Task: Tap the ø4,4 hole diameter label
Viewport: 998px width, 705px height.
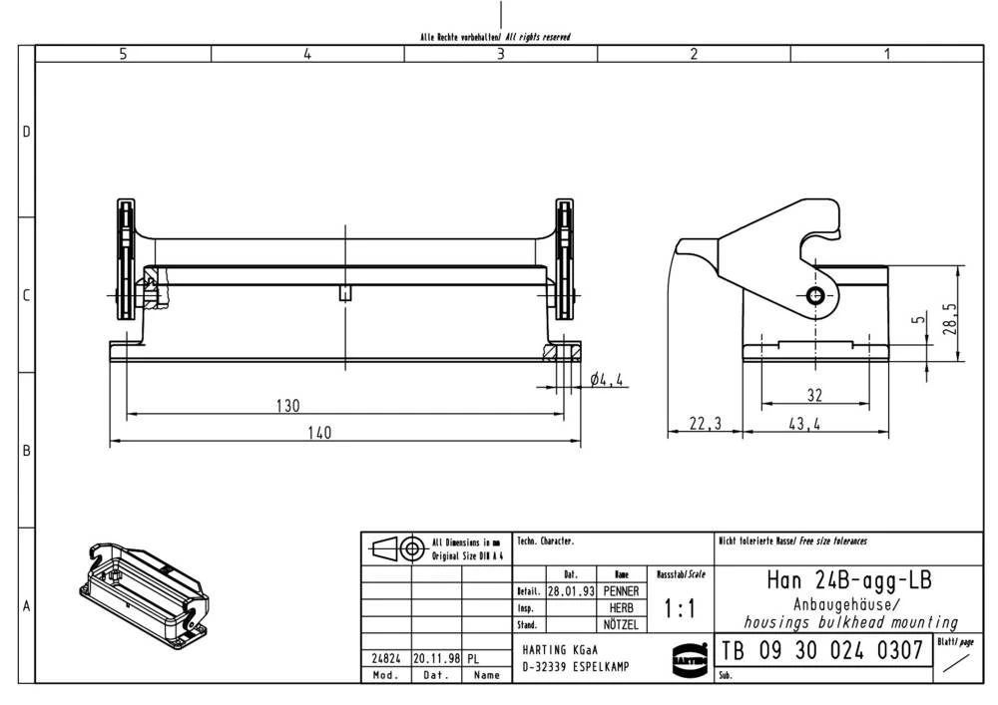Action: click(608, 380)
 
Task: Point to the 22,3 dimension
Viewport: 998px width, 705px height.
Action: click(705, 424)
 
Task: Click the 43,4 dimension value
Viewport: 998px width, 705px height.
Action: click(804, 424)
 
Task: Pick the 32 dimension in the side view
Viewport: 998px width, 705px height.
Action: click(814, 394)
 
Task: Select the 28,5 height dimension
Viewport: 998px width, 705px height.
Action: click(953, 319)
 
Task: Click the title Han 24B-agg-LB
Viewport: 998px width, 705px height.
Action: click(848, 579)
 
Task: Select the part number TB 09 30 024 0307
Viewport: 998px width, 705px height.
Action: click(821, 651)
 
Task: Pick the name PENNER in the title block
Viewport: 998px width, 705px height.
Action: click(621, 591)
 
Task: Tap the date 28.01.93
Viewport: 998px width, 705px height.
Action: click(572, 591)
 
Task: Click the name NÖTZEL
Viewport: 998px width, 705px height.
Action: click(621, 625)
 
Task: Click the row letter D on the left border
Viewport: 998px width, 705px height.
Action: click(27, 133)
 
